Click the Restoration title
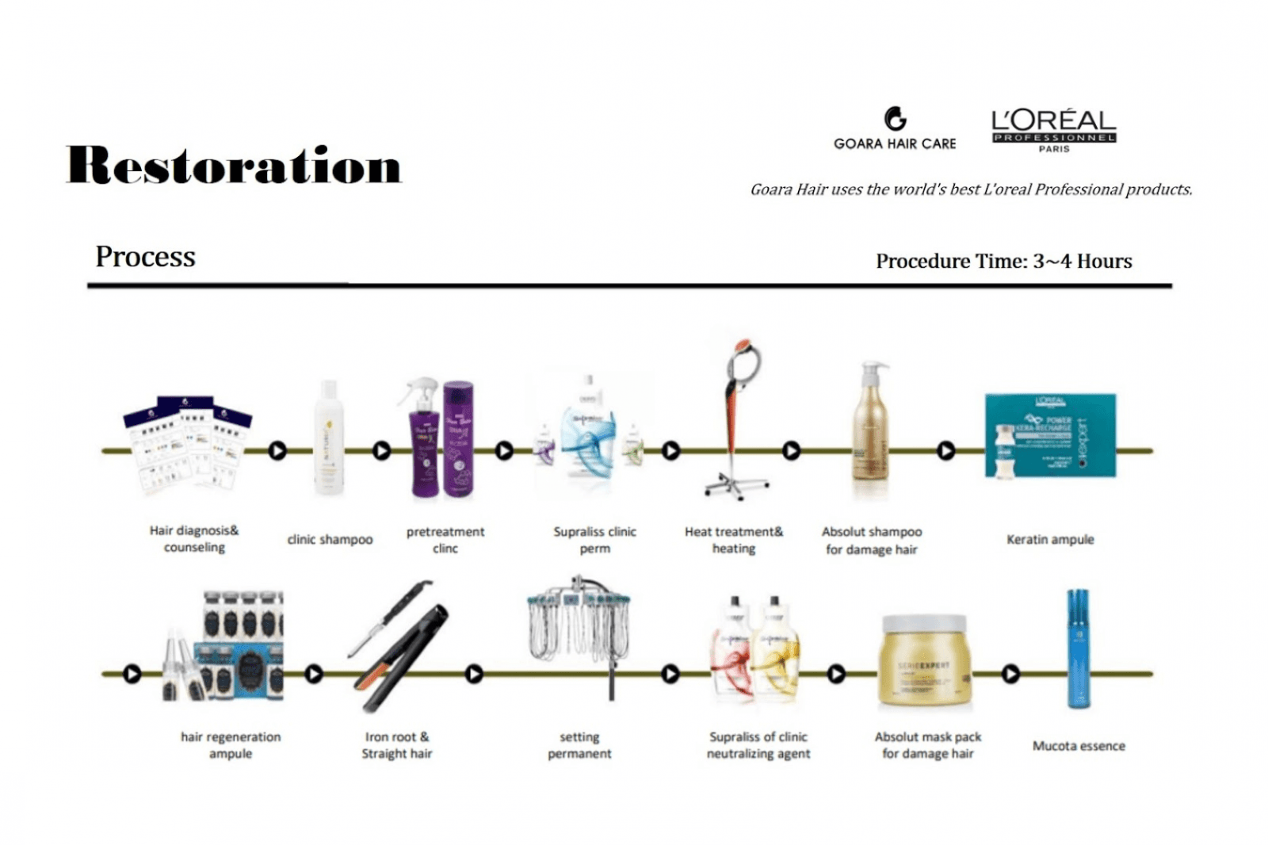234,166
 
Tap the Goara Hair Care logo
895,128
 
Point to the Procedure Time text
1003,261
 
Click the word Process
145,257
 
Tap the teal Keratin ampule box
1050,435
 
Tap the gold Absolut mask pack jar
924,662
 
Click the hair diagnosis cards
189,444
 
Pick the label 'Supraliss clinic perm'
594,540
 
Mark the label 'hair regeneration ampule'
231,745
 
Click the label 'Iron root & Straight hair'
397,745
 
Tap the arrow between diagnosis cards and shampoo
277,451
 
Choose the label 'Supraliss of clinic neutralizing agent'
758,745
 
